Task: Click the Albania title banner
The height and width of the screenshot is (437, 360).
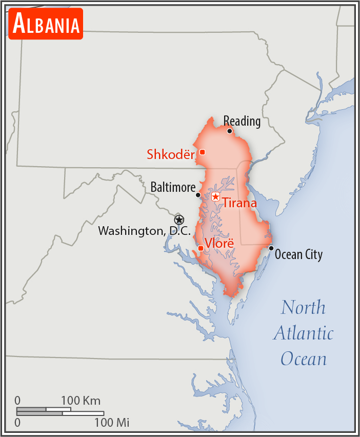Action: (x=46, y=24)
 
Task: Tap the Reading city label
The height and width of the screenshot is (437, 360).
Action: (x=242, y=121)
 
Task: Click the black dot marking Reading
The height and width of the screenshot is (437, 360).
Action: (x=230, y=131)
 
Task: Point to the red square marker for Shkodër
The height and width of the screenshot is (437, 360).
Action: (x=203, y=152)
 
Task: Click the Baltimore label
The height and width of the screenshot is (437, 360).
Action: (x=173, y=187)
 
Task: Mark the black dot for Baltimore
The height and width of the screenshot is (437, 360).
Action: (x=198, y=195)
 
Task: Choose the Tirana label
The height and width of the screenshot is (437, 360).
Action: (x=239, y=203)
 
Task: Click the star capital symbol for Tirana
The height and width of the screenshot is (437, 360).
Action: (x=215, y=196)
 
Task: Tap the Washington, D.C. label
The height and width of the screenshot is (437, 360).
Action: (x=144, y=231)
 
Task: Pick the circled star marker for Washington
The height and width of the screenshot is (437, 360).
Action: (x=178, y=220)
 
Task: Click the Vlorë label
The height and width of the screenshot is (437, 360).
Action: (x=219, y=243)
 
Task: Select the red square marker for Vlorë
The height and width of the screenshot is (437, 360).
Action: (x=201, y=248)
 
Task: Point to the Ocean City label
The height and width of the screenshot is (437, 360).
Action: (x=298, y=254)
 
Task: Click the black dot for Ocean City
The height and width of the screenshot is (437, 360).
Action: (x=271, y=248)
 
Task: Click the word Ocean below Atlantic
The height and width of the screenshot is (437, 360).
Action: (x=303, y=358)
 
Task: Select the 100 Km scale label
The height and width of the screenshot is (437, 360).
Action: (x=81, y=400)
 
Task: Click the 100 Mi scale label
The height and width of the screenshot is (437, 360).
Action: (x=111, y=423)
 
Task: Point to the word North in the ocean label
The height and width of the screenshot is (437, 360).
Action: (x=303, y=307)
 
